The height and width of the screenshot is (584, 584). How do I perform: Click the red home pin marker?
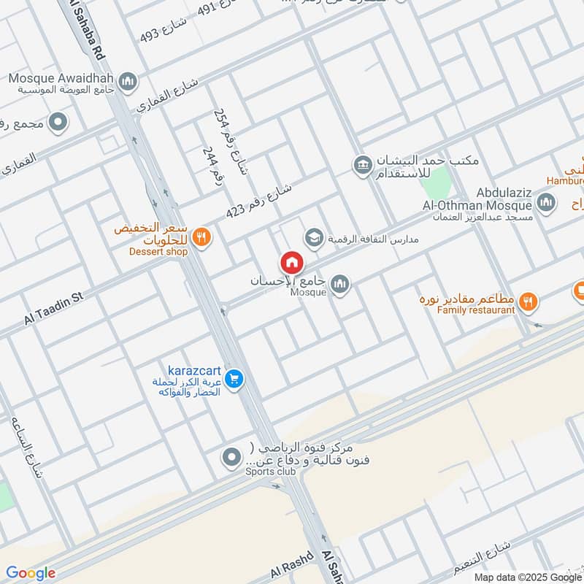tap(291, 263)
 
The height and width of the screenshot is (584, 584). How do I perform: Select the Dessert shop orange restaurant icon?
tap(202, 237)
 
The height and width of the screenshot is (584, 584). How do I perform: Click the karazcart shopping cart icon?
tap(234, 379)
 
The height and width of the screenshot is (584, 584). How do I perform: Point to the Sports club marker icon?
tap(231, 458)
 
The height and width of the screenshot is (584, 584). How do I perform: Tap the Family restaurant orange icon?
tap(529, 300)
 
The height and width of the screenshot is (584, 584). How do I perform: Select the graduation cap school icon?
tap(314, 237)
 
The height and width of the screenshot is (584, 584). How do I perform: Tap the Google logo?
tap(31, 573)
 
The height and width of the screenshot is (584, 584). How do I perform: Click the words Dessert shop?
tap(159, 252)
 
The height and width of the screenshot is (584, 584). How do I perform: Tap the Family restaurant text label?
tap(476, 310)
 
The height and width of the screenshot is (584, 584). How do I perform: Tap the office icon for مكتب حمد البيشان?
tap(362, 166)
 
